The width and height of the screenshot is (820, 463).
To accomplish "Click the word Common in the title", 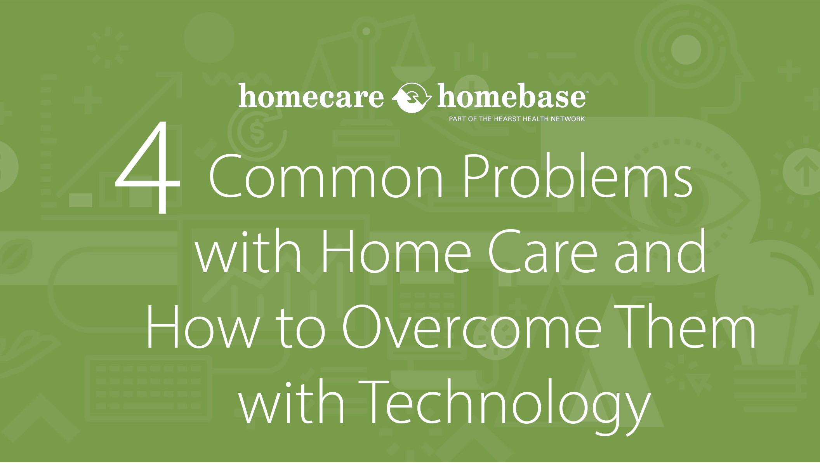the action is (326, 176).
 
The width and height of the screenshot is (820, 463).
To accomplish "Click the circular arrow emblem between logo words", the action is (412, 97).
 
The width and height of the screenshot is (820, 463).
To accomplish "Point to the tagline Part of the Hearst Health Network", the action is (517, 119).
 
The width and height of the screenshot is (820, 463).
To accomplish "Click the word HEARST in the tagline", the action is (507, 119).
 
